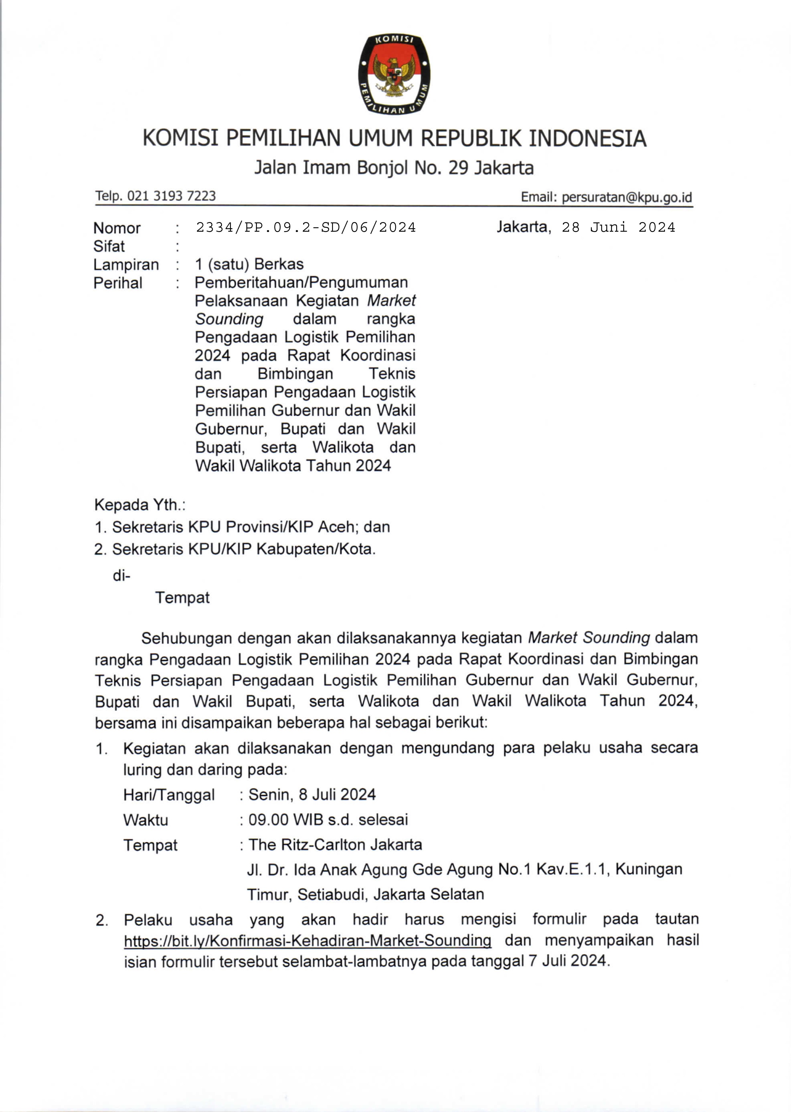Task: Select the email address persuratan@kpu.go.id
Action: click(x=626, y=197)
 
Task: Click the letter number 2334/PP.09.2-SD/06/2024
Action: click(x=306, y=227)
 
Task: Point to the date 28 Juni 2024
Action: click(x=618, y=227)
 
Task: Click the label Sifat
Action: click(x=109, y=246)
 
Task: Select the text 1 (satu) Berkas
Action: click(x=249, y=264)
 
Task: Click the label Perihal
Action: click(x=118, y=283)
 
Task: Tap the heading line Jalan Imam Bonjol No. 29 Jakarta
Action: click(x=394, y=167)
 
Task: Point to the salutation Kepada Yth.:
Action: click(x=140, y=505)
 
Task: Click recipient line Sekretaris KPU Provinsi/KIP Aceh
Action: click(x=242, y=527)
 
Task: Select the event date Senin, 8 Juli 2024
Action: click(x=312, y=795)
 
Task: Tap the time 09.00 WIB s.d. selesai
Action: click(x=328, y=819)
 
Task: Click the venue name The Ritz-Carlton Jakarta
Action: click(x=335, y=844)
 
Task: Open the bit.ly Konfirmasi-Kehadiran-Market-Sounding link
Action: click(x=307, y=941)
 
